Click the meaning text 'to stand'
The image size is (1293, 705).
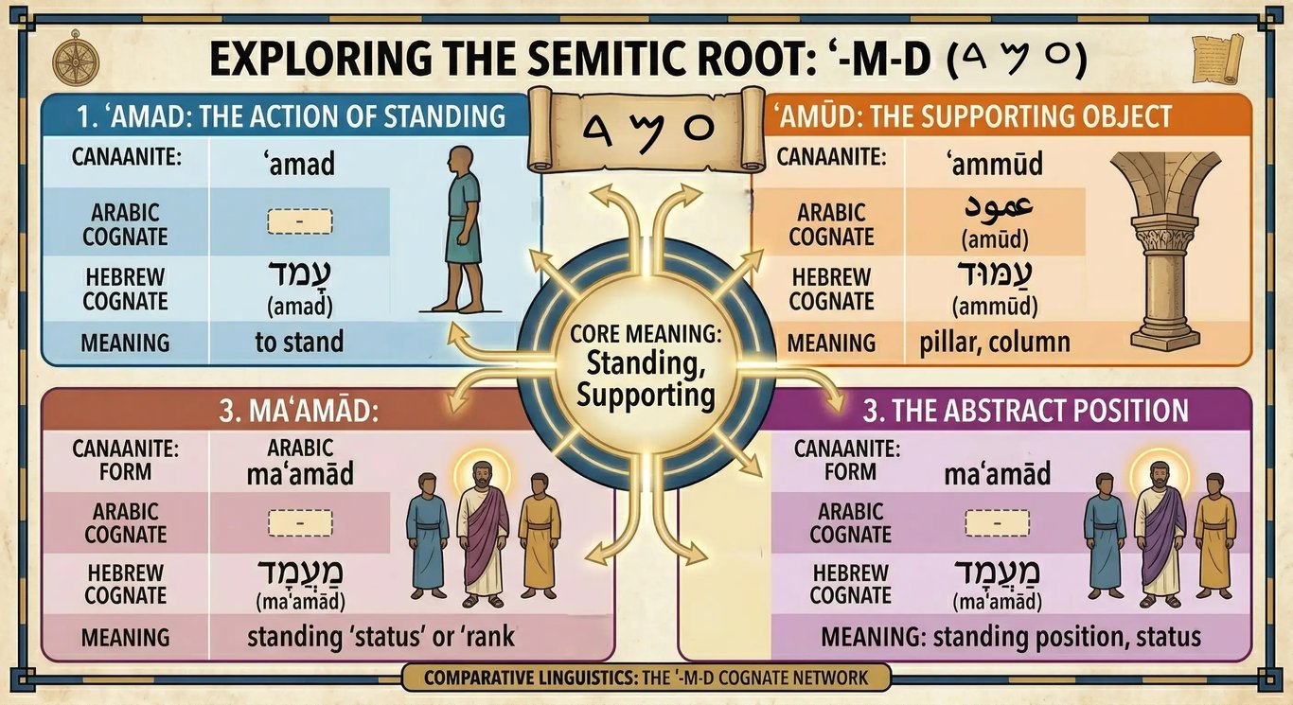coord(299,342)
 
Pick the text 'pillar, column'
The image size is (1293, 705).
coord(995,342)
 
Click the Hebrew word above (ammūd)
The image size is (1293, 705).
coord(994,277)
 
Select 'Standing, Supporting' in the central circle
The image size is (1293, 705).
coord(646,379)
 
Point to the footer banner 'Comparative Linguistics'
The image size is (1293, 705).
coord(646,678)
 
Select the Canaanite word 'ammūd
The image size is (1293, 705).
coord(995,165)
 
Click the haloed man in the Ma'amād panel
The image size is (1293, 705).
coord(484,525)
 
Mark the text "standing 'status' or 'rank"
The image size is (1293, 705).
coord(381,636)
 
